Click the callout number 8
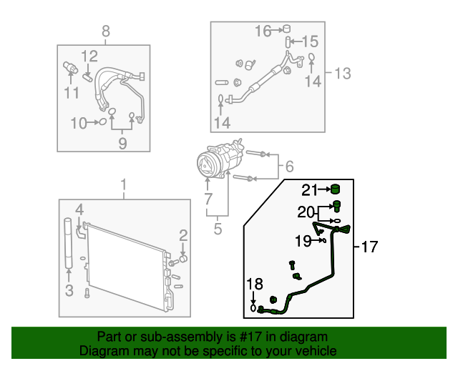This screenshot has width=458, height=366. coord(106,31)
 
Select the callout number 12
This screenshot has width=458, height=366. coord(89,56)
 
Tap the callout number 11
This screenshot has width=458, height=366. coord(72,93)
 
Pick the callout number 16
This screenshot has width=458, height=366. coord(263,30)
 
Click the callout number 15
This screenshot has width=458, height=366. coord(309,41)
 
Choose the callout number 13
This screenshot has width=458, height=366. coord(343,72)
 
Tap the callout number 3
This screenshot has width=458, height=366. coord(69,290)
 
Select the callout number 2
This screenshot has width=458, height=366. coord(183,235)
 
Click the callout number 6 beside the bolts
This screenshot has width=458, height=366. coord(289,167)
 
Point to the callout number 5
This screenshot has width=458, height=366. coord(218,229)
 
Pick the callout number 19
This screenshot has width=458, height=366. coord(303,241)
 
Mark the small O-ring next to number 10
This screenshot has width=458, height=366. coord(102,122)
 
